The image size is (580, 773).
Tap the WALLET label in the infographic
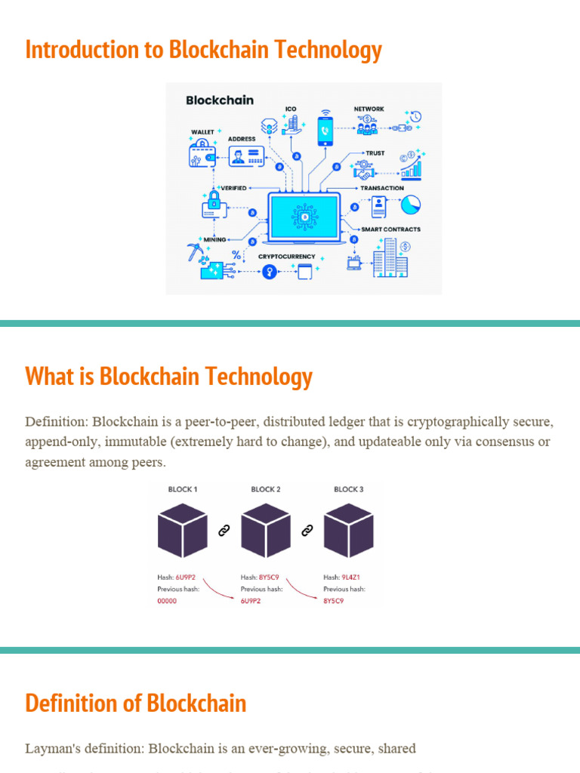pyautogui.click(x=202, y=132)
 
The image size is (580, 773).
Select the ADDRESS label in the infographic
pyautogui.click(x=242, y=139)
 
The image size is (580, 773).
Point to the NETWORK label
pyautogui.click(x=369, y=109)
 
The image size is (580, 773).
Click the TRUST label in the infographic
pyautogui.click(x=375, y=153)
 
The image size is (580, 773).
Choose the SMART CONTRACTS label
pyautogui.click(x=390, y=229)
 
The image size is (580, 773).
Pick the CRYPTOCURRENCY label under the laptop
pyautogui.click(x=287, y=257)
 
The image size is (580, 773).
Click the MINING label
pyautogui.click(x=215, y=240)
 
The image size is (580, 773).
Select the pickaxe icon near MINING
pyautogui.click(x=195, y=252)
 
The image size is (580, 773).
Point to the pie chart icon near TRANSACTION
pyautogui.click(x=411, y=205)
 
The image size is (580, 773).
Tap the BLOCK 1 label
pyautogui.click(x=183, y=489)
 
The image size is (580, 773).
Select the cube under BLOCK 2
pyautogui.click(x=266, y=530)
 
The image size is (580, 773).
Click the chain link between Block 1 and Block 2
pyautogui.click(x=224, y=531)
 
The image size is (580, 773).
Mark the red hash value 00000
pyautogui.click(x=167, y=601)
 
